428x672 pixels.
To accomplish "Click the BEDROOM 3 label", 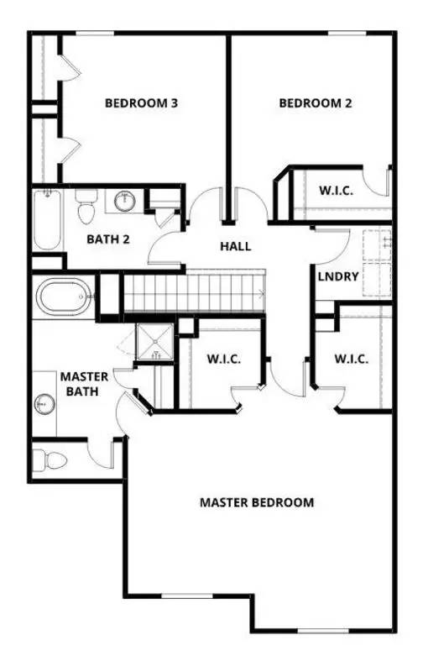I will [141, 104].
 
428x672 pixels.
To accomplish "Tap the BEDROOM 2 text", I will [315, 104].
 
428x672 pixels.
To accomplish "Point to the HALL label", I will [236, 246].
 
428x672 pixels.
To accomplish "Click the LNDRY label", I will [338, 276].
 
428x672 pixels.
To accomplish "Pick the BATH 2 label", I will [108, 239].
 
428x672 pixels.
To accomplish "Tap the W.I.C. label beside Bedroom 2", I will [336, 191].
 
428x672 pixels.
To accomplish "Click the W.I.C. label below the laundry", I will [352, 359].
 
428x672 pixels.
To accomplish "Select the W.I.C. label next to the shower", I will [224, 359].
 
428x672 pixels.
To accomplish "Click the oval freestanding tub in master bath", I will [64, 297].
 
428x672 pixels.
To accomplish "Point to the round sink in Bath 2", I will [124, 201].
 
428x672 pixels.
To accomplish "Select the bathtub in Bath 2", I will [47, 219].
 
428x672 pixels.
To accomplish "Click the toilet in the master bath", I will [50, 459].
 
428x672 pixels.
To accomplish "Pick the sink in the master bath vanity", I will [41, 404].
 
